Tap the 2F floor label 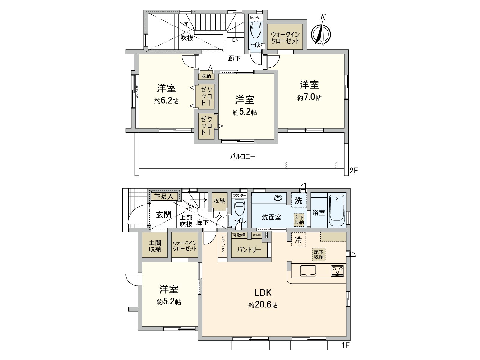click(x=354, y=170)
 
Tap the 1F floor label click(x=346, y=345)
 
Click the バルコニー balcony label click(x=243, y=156)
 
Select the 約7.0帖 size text click(x=309, y=98)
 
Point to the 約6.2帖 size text click(x=166, y=101)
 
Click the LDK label click(x=263, y=292)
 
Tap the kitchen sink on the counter click(x=308, y=271)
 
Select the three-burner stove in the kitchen click(x=337, y=271)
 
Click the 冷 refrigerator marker click(x=298, y=240)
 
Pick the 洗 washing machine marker click(x=298, y=201)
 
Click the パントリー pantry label click(x=249, y=250)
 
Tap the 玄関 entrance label click(x=164, y=215)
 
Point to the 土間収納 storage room click(x=155, y=245)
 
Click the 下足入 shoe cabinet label click(x=164, y=197)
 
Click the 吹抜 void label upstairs click(x=187, y=38)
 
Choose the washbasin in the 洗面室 click(x=278, y=198)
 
